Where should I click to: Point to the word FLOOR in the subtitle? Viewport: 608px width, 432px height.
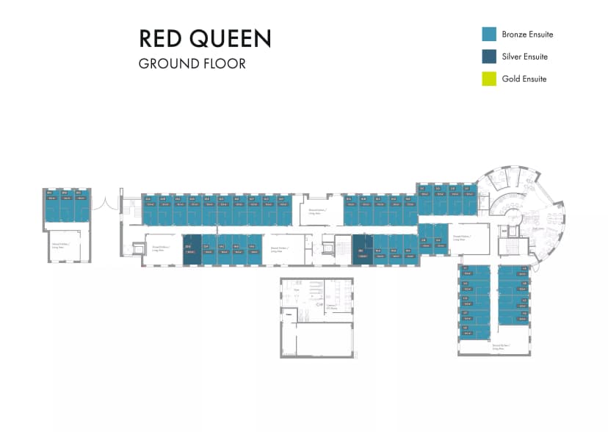pos(223,63)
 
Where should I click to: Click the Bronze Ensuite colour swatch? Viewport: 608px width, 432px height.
pos(489,34)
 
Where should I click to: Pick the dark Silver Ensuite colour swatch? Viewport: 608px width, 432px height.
pos(489,57)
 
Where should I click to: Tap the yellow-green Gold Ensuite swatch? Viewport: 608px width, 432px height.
pos(489,79)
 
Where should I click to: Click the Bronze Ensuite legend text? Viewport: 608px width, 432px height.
pos(527,35)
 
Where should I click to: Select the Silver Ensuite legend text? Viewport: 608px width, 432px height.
pos(524,57)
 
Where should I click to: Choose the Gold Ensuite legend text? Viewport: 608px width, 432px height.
pos(524,79)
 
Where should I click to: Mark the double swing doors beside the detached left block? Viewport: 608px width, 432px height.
pos(104,200)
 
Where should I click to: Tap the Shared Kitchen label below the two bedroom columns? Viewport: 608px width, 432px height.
pos(502,345)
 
